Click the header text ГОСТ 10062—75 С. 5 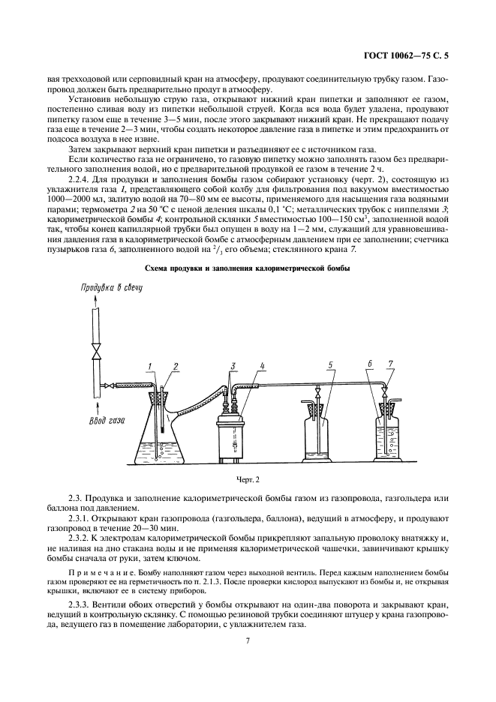coord(425,53)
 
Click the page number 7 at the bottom coord(248,640)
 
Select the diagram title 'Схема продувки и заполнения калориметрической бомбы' coord(248,268)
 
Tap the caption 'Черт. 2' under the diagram coord(248,477)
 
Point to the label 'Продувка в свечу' coord(113,288)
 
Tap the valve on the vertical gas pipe coord(93,352)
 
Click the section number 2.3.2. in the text coord(82,538)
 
